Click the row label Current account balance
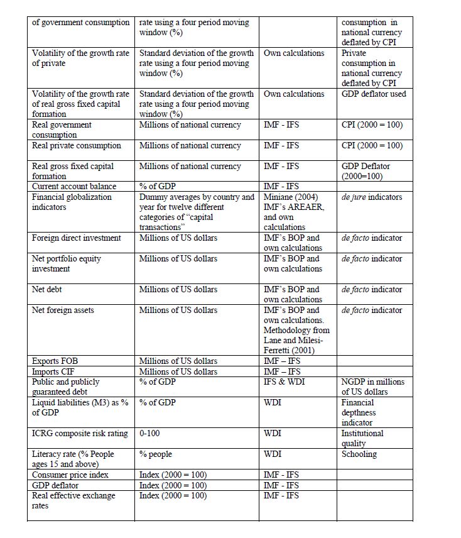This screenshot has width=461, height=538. (74, 187)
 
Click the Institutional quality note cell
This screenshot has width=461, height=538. (362, 438)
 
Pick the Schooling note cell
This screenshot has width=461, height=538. (359, 454)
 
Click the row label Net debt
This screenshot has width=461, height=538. (48, 290)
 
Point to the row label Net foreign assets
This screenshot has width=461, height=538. (63, 310)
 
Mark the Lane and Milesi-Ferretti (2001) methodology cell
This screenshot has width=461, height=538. (296, 330)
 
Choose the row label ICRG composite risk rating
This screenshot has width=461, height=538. (80, 433)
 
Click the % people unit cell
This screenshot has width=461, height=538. (155, 454)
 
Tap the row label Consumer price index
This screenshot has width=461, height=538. (70, 475)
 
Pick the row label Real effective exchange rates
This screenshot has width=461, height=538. (74, 500)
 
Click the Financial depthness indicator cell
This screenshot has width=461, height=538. (362, 412)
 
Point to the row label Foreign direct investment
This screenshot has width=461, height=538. (77, 238)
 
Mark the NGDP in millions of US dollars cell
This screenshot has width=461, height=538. (372, 387)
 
